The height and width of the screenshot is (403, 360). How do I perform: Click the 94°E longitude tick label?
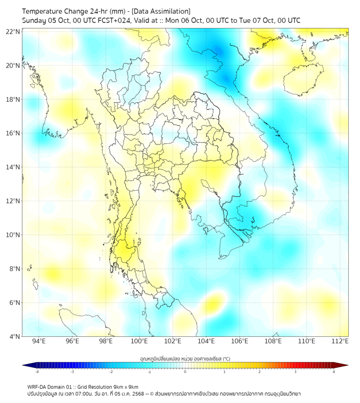pyautogui.click(x=39, y=341)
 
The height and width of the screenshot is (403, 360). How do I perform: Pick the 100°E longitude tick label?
pyautogui.click(x=140, y=341)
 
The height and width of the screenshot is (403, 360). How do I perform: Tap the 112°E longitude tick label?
pyautogui.click(x=340, y=341)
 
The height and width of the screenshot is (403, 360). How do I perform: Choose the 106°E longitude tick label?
pyautogui.click(x=240, y=341)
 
